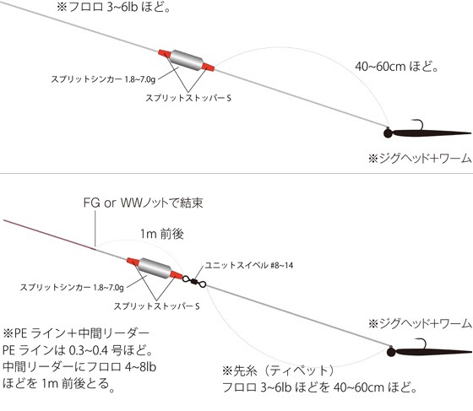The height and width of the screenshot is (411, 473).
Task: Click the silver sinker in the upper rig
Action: pos(187,61)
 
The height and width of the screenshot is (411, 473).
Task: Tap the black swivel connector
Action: pos(194,281)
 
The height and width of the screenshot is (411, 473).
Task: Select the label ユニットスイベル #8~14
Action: pos(249,266)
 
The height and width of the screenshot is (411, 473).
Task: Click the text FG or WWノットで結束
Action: pos(143,203)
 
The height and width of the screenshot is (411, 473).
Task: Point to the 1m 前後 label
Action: pos(162,234)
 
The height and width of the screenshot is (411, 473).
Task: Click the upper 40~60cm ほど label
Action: pos(396,67)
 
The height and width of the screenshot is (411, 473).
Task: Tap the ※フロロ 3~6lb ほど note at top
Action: pos(113,7)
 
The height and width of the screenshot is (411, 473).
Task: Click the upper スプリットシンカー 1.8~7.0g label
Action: pos(103,79)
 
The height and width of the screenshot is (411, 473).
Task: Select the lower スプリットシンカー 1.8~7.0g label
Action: pos(72,287)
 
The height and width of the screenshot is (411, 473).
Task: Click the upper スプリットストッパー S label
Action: pos(188,98)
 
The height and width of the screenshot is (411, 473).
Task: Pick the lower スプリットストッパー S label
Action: pos(156,306)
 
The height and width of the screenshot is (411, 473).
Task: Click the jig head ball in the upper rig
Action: pos(389,132)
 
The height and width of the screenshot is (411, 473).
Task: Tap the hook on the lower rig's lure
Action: pos(421,343)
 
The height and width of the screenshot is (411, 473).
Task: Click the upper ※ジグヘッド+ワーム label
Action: pos(420,159)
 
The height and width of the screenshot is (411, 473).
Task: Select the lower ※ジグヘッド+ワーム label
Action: pos(420,323)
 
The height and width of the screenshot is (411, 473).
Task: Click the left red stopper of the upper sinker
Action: pos(165,54)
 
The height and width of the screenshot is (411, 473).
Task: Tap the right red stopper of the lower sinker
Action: pos(177,275)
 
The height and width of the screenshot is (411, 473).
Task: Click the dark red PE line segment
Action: pos(50,235)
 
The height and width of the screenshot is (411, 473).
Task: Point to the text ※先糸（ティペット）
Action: pos(278,371)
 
